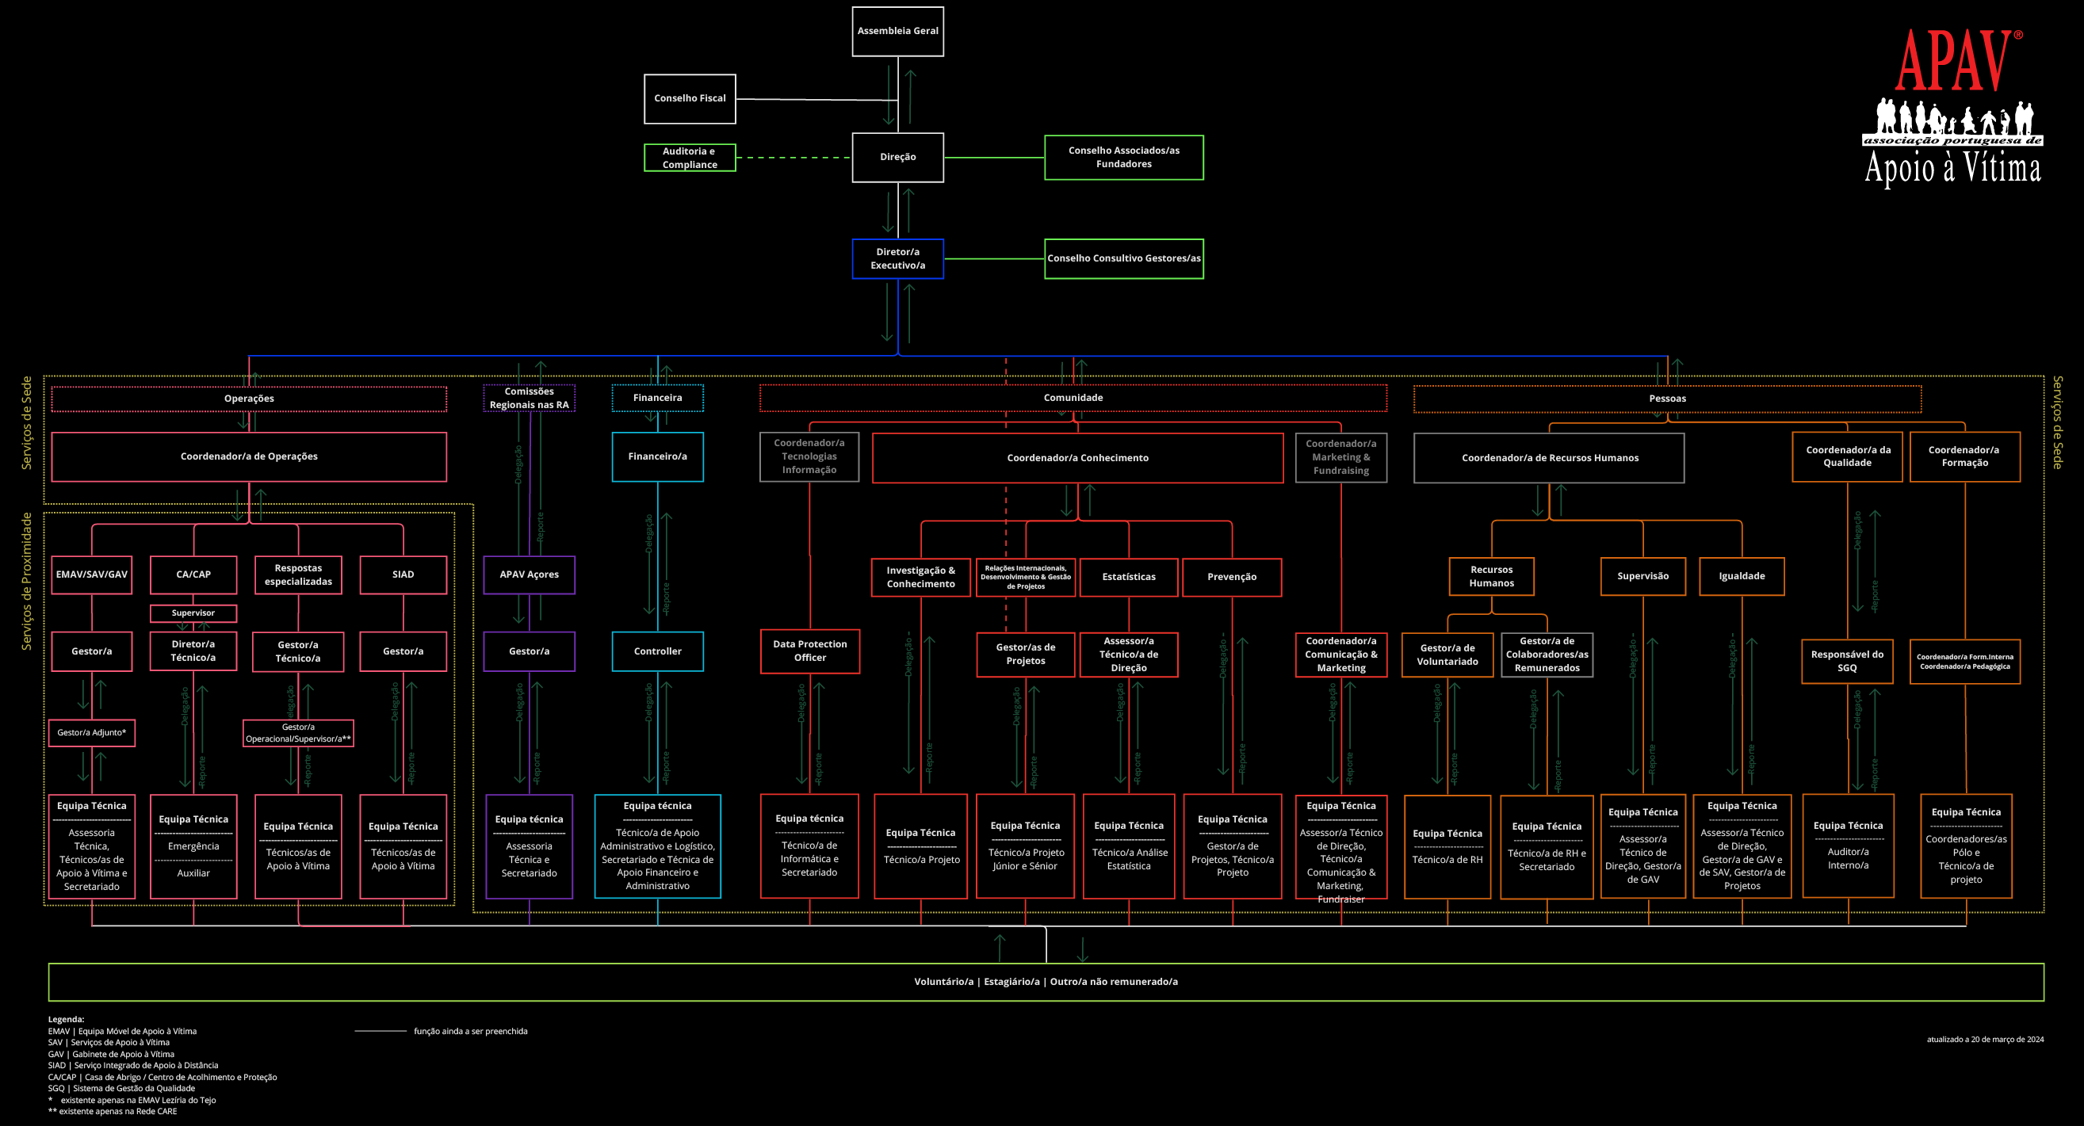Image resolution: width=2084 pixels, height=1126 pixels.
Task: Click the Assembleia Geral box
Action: click(897, 32)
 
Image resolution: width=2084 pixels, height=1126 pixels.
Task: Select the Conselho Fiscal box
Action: click(690, 99)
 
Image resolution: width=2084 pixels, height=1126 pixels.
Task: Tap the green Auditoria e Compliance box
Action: click(690, 158)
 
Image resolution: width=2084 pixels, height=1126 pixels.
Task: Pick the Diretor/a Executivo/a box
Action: click(897, 259)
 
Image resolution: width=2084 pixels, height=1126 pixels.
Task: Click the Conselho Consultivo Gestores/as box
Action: click(1123, 259)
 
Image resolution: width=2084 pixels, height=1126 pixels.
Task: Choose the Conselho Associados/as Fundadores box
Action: click(1123, 158)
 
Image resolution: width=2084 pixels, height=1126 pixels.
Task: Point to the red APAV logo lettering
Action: click(1953, 61)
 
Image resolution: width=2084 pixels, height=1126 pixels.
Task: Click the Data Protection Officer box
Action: click(809, 651)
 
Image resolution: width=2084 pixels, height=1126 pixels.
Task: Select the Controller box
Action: click(657, 651)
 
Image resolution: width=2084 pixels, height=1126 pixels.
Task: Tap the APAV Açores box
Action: click(529, 574)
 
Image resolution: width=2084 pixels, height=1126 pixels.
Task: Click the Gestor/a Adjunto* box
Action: click(91, 733)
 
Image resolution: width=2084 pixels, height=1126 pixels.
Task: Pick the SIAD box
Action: click(403, 574)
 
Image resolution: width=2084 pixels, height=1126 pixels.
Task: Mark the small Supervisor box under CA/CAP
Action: click(193, 613)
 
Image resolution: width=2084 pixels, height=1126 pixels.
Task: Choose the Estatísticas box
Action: click(1129, 577)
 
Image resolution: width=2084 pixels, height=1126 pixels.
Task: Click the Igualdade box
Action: click(1741, 576)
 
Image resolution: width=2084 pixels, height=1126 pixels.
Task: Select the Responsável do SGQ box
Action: click(1847, 661)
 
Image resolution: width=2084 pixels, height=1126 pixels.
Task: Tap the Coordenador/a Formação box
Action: click(1964, 457)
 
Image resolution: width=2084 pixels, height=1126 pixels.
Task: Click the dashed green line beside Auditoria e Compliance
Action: click(793, 158)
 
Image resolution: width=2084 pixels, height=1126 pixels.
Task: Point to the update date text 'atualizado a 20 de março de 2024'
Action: click(1984, 1040)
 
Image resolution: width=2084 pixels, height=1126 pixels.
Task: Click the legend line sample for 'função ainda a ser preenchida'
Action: click(380, 1032)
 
